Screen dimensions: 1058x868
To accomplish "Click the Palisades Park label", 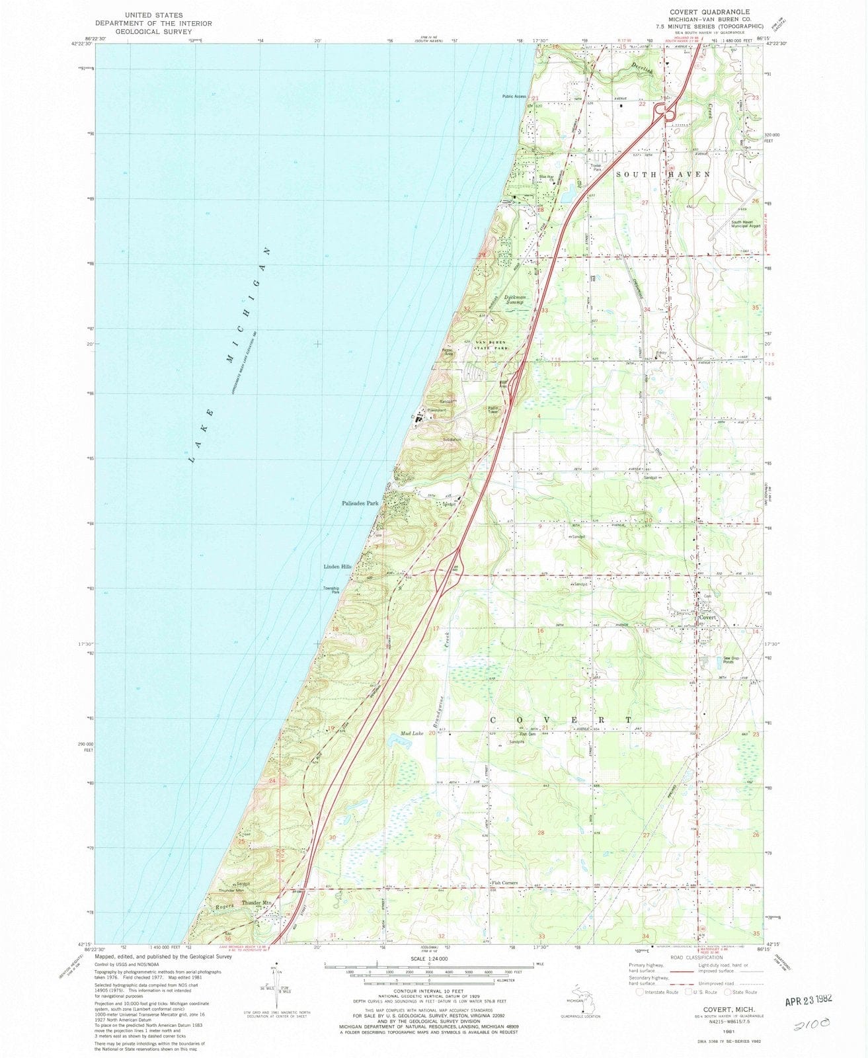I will pos(360,504).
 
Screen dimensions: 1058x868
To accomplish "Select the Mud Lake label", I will pos(411,733).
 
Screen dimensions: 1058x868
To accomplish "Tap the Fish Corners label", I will pos(504,883).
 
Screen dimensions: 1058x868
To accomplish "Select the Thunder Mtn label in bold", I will pos(256,903).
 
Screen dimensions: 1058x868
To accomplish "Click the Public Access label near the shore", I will pos(514,97).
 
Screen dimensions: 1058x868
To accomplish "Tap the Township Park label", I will pos(331,590).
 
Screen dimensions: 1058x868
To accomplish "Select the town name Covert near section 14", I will pos(708,617).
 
